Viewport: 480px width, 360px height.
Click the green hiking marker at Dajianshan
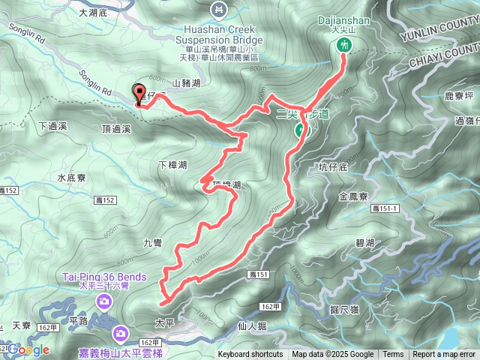pyautogui.click(x=344, y=45)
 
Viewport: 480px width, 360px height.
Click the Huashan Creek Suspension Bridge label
pyautogui.click(x=217, y=29)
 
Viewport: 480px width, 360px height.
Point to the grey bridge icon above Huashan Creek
pyautogui.click(x=217, y=9)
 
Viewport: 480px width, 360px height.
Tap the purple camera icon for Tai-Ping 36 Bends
pyautogui.click(x=104, y=301)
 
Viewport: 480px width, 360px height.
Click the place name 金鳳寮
pyautogui.click(x=352, y=196)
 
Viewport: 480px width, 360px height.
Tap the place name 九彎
pyautogui.click(x=152, y=242)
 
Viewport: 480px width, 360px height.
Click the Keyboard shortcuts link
pyautogui.click(x=250, y=355)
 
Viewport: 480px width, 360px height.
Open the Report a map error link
pyautogui.click(x=445, y=355)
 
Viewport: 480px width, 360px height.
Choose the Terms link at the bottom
pyautogui.click(x=393, y=355)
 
